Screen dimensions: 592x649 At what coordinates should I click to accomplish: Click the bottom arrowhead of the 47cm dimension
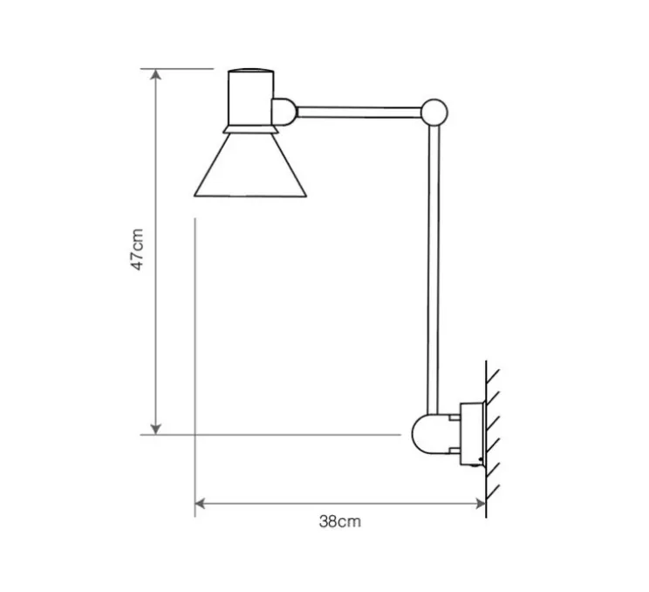click(156, 428)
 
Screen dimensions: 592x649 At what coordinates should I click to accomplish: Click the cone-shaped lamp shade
click(250, 166)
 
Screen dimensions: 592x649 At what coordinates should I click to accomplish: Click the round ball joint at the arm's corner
click(434, 111)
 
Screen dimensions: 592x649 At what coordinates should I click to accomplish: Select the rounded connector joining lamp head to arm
click(284, 111)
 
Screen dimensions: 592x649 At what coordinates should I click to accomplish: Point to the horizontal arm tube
click(358, 111)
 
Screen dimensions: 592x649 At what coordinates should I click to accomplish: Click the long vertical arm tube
click(434, 262)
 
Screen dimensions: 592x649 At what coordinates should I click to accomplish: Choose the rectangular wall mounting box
click(471, 432)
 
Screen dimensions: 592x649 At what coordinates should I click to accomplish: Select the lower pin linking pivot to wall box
click(453, 449)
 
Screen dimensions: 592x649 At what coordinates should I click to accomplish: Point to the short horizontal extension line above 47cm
click(183, 68)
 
